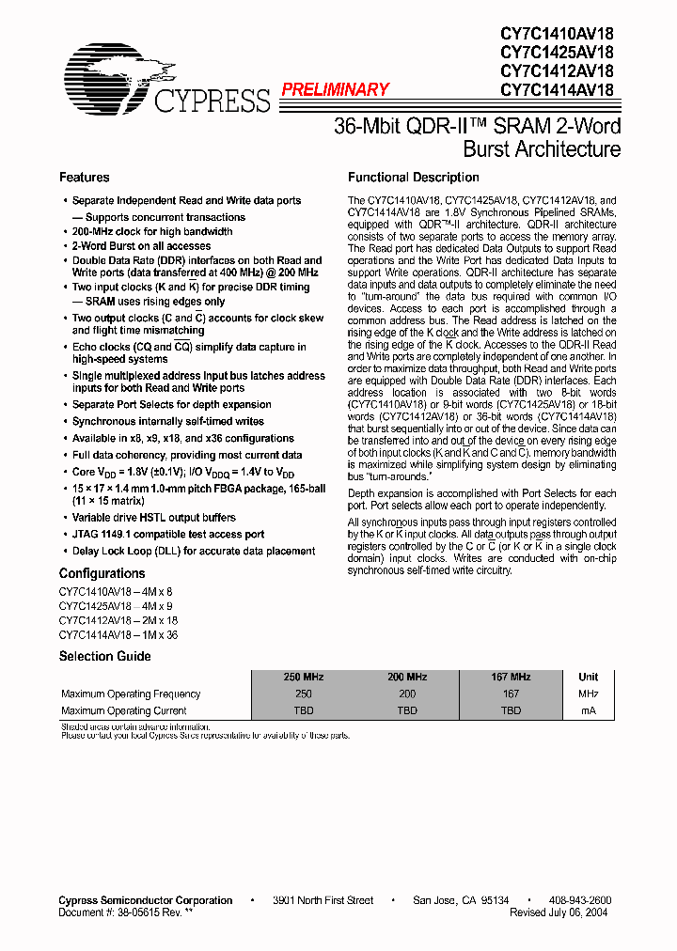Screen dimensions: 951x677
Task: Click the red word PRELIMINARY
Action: point(335,90)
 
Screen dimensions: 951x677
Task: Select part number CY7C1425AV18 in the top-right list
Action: point(557,53)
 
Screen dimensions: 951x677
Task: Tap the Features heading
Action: point(84,178)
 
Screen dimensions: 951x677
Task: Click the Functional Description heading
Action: point(413,178)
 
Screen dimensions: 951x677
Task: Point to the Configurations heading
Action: point(102,573)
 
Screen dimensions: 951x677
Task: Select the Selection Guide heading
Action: point(105,656)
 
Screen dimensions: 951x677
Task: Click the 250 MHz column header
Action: point(303,677)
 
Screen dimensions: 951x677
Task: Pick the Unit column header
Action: point(588,677)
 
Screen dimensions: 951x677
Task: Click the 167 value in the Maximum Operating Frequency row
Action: point(510,694)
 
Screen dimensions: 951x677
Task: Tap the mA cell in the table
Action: point(588,710)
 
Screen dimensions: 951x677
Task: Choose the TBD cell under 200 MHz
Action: point(406,710)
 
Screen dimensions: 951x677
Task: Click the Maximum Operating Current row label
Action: point(124,710)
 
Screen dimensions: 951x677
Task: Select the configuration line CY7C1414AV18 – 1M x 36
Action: point(118,635)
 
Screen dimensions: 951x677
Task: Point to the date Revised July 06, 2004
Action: point(560,912)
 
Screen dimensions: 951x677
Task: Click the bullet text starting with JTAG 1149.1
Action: point(168,534)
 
